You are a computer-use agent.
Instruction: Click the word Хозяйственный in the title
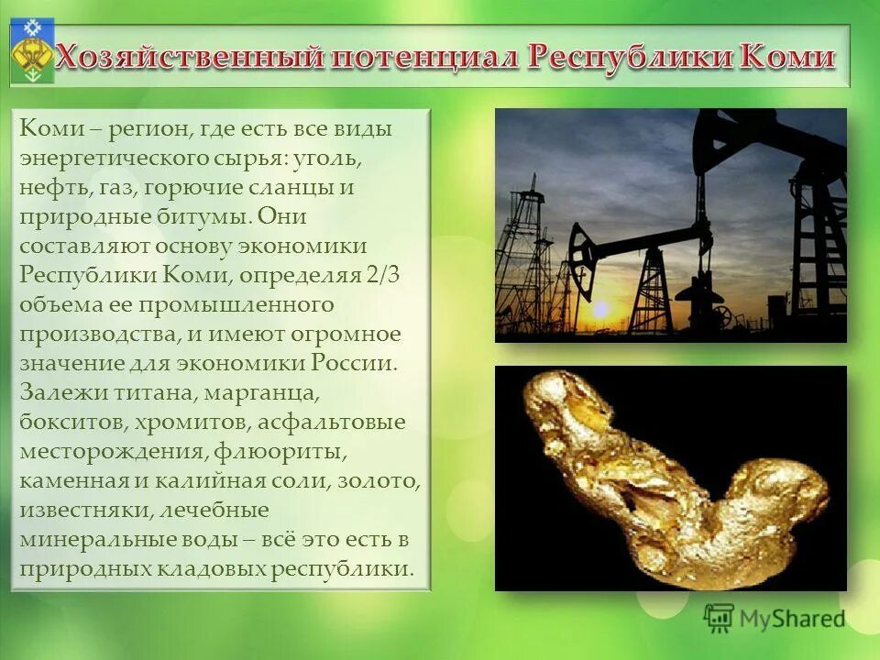coord(187,57)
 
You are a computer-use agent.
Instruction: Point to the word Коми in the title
coord(788,57)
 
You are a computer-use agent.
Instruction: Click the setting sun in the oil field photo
coord(601,310)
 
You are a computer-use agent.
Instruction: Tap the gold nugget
coord(669,477)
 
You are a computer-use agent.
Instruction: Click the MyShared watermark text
coord(792,619)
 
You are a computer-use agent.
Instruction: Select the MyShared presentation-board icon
coord(720,618)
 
